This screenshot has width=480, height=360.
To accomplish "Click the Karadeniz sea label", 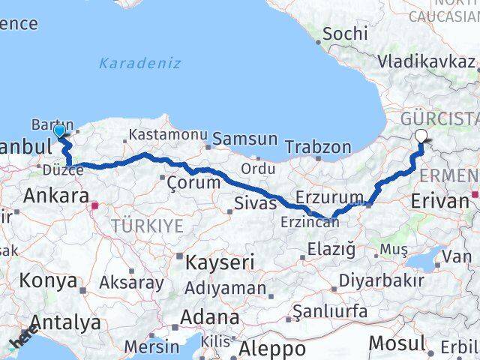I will [139, 63].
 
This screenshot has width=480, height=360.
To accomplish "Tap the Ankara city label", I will [56, 196].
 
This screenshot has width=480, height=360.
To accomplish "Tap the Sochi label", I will [346, 34].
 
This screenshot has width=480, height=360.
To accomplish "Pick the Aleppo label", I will [272, 349].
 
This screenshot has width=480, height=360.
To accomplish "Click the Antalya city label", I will [65, 323].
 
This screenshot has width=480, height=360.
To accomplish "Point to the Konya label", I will [49, 281].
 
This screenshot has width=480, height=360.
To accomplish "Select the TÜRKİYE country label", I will [147, 225].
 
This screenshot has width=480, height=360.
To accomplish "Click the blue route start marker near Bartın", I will [60, 131].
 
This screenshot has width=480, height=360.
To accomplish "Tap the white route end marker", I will [421, 136].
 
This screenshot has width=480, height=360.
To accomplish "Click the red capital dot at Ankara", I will [94, 204].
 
